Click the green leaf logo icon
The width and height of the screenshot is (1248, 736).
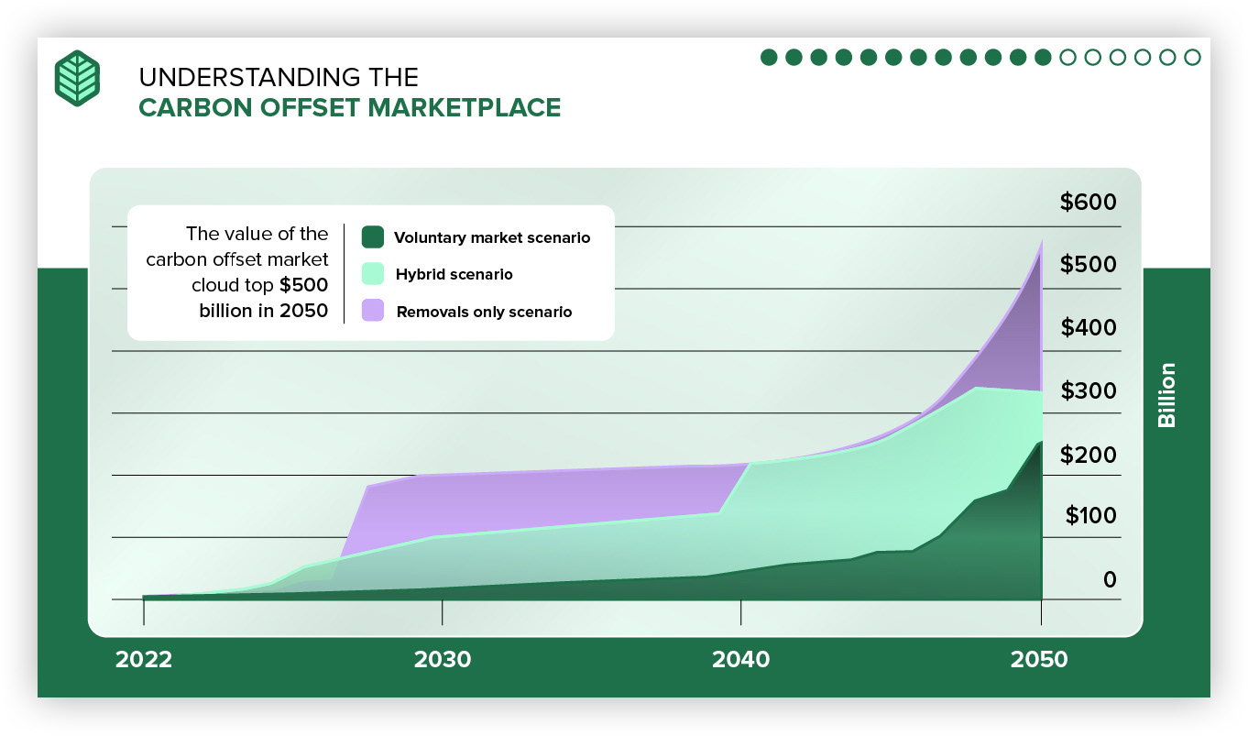click(x=77, y=78)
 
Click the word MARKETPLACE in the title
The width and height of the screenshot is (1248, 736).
click(x=465, y=107)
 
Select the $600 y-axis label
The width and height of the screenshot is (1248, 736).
click(x=1089, y=202)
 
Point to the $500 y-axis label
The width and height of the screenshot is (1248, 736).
click(x=1089, y=264)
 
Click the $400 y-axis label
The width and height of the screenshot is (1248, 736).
click(x=1089, y=327)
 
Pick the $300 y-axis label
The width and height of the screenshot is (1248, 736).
click(x=1089, y=390)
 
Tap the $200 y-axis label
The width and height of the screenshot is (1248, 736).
click(x=1089, y=454)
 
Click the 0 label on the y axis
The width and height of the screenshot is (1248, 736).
click(x=1110, y=579)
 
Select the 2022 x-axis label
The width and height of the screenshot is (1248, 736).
click(x=143, y=660)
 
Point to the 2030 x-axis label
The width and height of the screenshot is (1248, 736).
click(x=442, y=660)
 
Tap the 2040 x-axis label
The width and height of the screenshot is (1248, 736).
click(x=740, y=660)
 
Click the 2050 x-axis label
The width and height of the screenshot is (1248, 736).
click(x=1040, y=660)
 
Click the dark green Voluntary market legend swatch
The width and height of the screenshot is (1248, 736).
click(x=372, y=236)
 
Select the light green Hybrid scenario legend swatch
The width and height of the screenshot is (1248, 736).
click(x=372, y=273)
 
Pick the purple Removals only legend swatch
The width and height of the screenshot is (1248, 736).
click(x=372, y=311)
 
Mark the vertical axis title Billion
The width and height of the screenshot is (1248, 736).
click(x=1166, y=395)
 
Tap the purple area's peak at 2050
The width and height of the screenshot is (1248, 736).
click(x=1041, y=242)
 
